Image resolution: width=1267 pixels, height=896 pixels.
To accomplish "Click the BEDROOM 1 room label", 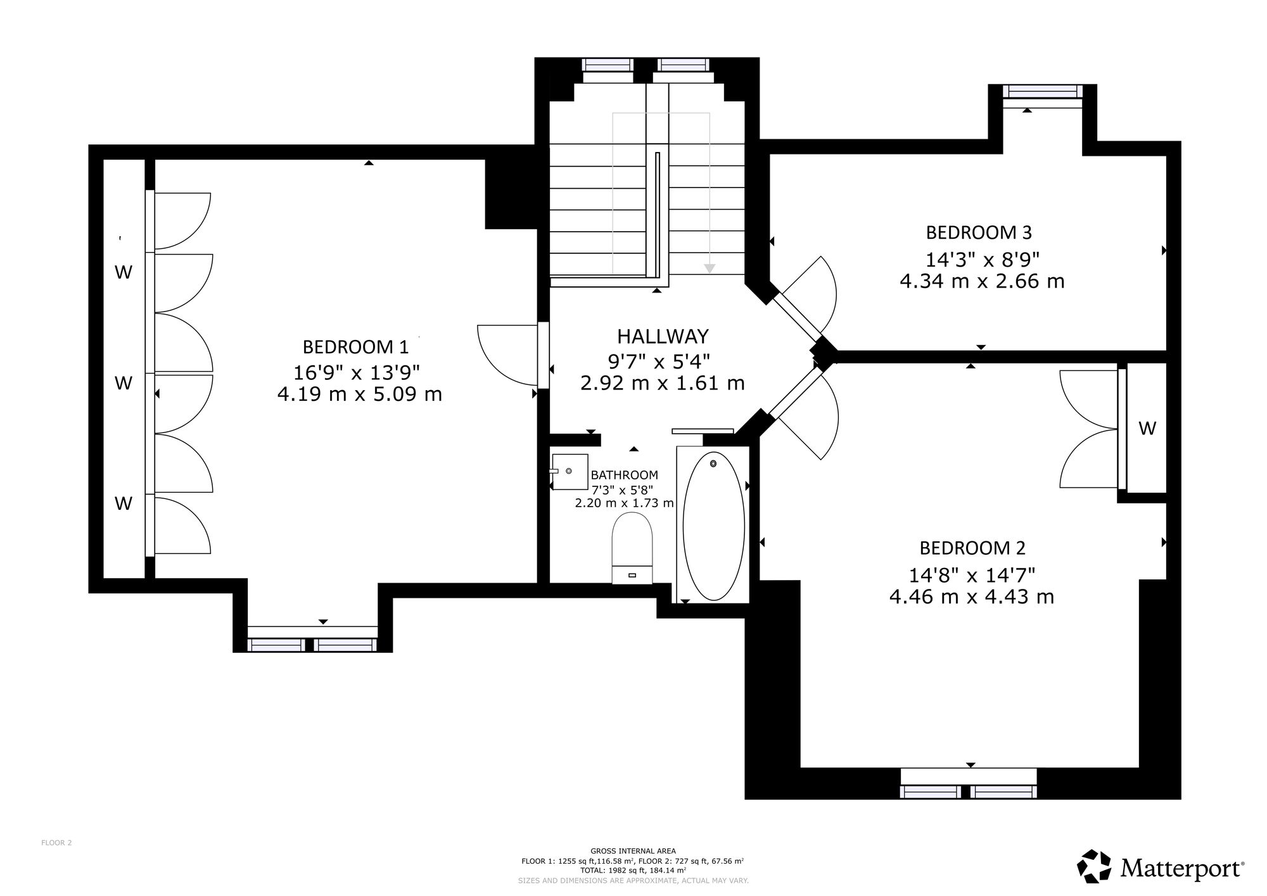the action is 355,347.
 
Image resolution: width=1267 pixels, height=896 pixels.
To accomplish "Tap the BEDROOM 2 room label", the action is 972,548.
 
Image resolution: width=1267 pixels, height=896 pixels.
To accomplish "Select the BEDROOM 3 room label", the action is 979,233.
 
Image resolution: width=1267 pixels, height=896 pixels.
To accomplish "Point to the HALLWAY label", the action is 663,336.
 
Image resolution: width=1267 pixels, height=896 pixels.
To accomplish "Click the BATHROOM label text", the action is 624,475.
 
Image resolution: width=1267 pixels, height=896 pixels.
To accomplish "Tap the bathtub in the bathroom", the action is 714,526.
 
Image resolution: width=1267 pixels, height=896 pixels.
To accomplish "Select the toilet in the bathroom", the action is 632,548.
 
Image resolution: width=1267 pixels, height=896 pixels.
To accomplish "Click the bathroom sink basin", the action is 570,472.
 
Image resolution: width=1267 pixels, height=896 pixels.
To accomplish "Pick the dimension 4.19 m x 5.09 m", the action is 359,394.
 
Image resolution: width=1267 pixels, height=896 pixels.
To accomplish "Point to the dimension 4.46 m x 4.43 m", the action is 972,597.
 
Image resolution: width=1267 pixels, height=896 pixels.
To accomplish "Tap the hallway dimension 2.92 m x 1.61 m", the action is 663,383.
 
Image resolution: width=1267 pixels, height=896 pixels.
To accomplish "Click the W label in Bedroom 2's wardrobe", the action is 1147,429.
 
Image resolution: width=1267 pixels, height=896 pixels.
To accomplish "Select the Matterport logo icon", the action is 1094,866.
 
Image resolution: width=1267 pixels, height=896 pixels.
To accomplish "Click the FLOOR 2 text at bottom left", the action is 56,843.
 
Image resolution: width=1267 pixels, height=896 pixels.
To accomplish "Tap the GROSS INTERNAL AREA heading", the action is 633,851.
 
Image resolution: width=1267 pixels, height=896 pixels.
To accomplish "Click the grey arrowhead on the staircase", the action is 710,268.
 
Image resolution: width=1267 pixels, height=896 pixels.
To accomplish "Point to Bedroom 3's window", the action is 1043,92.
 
